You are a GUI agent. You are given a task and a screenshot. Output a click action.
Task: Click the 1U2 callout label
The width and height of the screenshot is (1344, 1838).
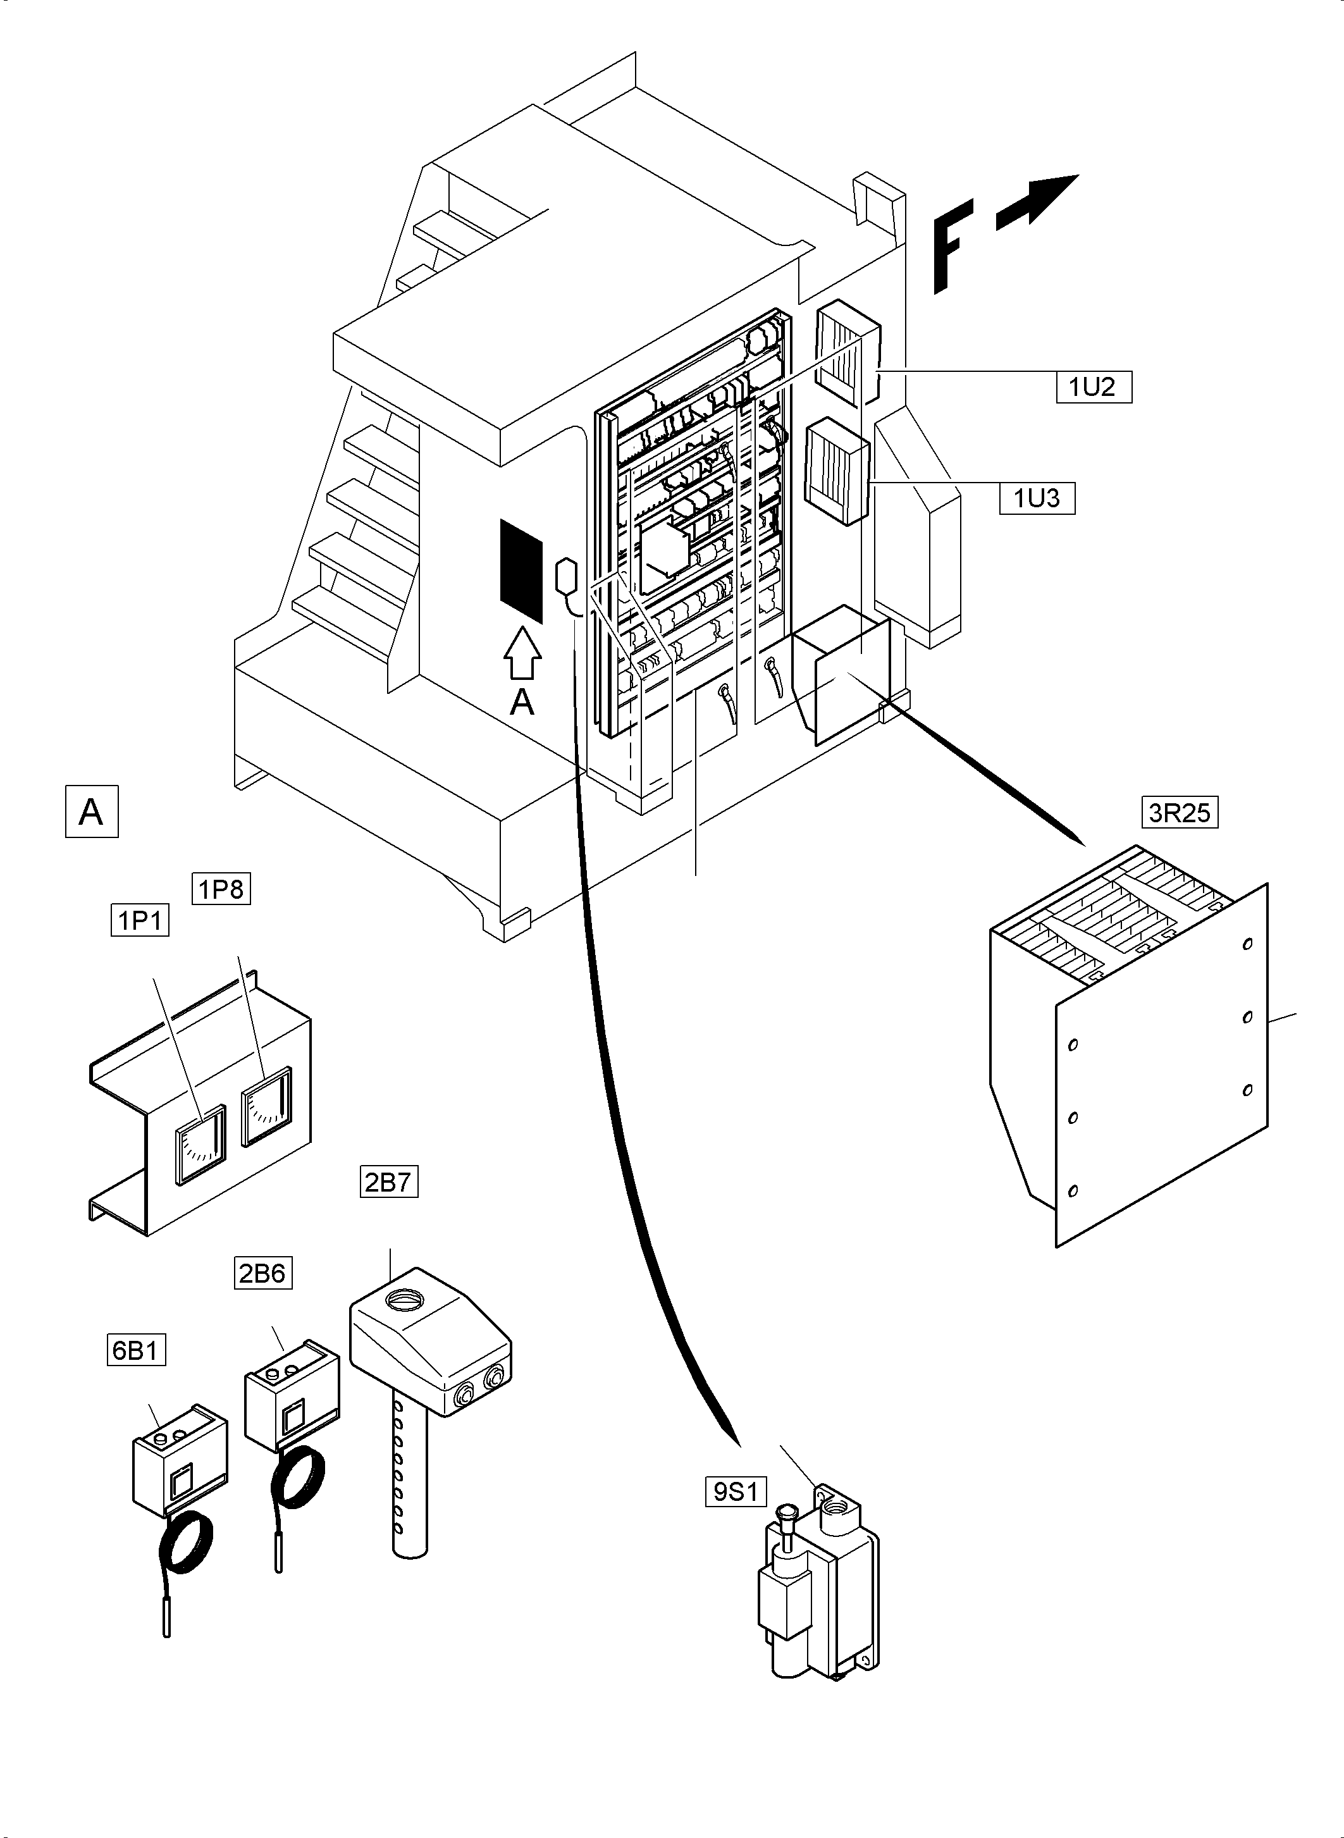(1093, 386)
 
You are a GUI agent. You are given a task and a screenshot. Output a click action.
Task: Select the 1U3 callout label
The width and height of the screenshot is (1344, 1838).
(1037, 498)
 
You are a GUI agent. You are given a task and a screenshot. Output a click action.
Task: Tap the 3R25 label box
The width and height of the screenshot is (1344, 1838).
(1180, 813)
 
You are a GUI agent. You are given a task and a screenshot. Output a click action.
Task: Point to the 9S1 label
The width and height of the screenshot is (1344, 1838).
(736, 1491)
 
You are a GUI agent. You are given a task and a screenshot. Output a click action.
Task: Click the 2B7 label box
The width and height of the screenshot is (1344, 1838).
(389, 1181)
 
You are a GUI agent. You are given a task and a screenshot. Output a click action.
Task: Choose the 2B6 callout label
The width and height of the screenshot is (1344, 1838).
(262, 1273)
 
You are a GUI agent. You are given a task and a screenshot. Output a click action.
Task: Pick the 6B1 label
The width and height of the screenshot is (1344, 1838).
(136, 1350)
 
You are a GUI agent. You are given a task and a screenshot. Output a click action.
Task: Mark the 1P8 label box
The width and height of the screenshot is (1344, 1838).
(221, 889)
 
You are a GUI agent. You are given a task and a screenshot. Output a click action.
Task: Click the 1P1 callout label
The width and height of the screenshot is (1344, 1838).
(140, 921)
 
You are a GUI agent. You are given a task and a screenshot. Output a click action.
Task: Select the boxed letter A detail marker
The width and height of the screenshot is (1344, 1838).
(91, 811)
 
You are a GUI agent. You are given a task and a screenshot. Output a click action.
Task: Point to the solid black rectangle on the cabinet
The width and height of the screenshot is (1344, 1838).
(521, 571)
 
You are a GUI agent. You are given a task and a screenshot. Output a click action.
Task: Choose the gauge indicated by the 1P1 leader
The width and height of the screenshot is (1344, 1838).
(201, 1143)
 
